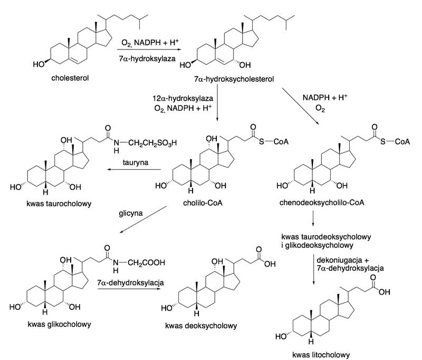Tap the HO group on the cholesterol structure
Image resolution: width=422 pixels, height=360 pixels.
click(38, 65)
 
